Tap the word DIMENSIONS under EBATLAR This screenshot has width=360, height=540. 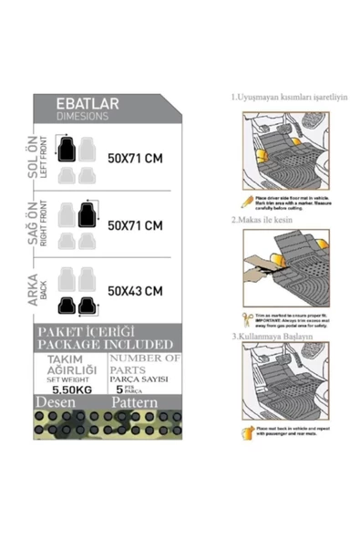point(83,117)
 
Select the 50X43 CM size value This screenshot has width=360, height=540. point(135,292)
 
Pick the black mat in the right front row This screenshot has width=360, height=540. point(87,214)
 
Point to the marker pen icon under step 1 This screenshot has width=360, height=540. point(246,199)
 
